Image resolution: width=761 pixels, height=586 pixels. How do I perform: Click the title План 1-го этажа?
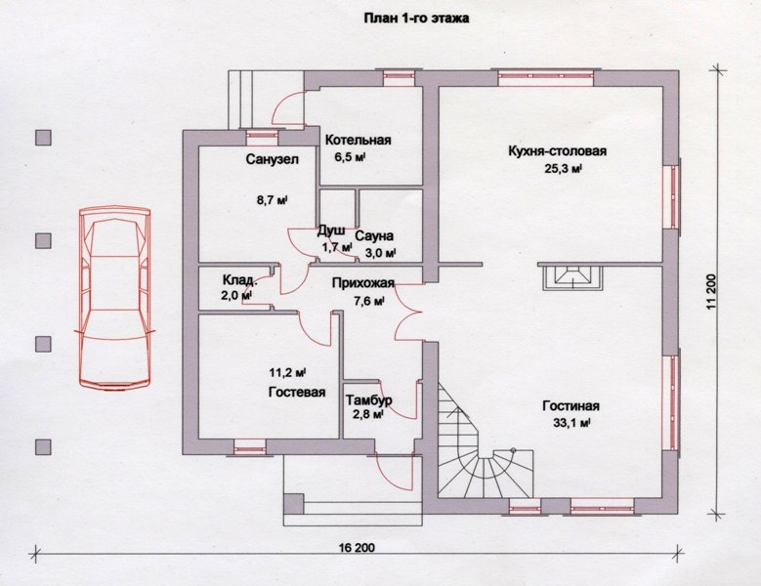416,19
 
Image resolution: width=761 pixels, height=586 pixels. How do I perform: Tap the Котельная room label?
359,141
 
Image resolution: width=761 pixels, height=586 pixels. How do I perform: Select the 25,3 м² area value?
563,169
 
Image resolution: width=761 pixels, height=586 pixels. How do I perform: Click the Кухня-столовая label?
558,150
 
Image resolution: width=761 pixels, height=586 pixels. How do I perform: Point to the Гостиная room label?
571,405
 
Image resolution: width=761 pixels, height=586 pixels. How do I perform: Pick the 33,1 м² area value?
571,423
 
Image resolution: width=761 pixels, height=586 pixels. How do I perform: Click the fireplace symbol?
572,276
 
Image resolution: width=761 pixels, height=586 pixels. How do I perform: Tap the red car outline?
115,298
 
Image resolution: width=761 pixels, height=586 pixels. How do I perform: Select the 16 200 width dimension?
358,548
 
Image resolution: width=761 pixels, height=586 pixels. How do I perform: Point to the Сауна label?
374,236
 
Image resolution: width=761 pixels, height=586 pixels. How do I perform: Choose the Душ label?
331,230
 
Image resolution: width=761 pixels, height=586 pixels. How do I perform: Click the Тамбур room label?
369,400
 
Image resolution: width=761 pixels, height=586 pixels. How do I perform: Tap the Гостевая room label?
297,392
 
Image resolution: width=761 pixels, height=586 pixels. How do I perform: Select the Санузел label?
273,159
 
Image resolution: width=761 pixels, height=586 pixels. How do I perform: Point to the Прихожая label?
363,283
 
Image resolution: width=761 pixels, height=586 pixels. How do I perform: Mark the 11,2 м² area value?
287,373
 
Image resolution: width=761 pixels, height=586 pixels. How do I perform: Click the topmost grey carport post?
43,138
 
